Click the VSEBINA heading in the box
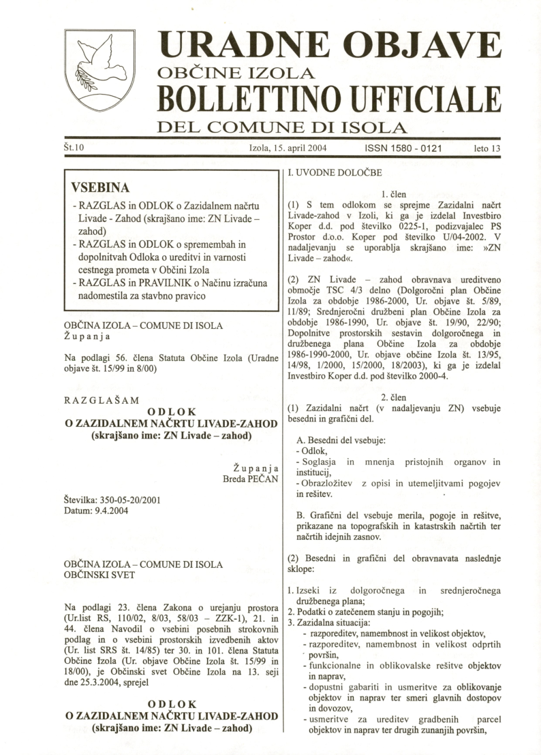pyautogui.click(x=100, y=187)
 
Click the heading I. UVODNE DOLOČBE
pyautogui.click(x=336, y=173)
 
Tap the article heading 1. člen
pyautogui.click(x=394, y=194)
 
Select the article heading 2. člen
pyautogui.click(x=394, y=397)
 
